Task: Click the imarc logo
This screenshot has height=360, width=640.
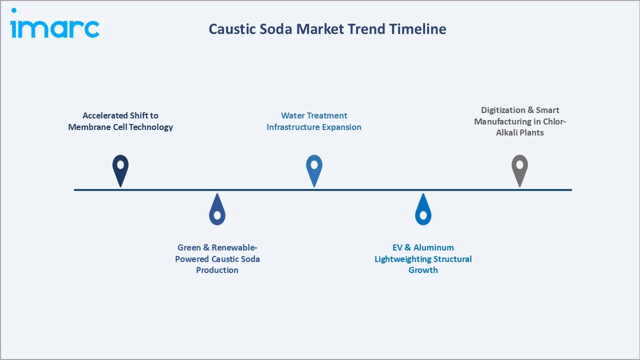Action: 54,25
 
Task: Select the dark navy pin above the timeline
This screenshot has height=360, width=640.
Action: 120,169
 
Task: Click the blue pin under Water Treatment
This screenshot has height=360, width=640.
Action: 314,169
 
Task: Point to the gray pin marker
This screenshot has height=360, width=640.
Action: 519,169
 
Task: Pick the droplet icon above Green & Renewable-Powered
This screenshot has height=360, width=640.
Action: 217,210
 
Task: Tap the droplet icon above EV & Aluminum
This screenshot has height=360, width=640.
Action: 423,210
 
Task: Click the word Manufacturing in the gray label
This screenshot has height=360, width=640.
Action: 506,121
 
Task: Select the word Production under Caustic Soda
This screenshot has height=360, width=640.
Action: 217,270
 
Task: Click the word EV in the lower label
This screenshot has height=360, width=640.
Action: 398,247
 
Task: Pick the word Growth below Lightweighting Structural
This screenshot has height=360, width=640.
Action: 423,270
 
